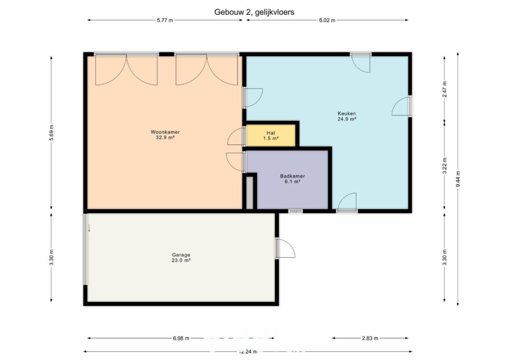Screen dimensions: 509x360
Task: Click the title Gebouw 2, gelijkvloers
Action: [x=254, y=12]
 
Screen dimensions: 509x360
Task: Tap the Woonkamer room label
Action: [x=165, y=132]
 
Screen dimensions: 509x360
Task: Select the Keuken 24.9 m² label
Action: [x=347, y=116]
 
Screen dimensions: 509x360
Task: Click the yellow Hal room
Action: [x=271, y=135]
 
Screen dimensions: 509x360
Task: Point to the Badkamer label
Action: [x=292, y=176]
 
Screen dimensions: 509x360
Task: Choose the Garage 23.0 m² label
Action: [x=181, y=257]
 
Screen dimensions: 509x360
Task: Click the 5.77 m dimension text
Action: [x=165, y=20]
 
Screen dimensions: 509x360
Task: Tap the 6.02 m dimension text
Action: [x=327, y=20]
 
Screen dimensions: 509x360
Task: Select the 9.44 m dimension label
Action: [x=458, y=179]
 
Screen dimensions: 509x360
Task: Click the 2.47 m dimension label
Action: [x=445, y=89]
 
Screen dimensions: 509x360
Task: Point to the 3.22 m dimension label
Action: [x=445, y=165]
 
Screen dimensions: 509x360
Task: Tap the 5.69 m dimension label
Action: [x=51, y=133]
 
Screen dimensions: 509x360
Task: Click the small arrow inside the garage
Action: [x=89, y=228]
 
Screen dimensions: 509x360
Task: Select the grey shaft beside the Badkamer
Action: [x=250, y=193]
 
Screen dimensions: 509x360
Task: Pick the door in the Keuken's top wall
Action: [x=361, y=64]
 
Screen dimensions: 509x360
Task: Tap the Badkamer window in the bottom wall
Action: [x=296, y=211]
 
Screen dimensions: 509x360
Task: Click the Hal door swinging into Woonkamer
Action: [x=236, y=136]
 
